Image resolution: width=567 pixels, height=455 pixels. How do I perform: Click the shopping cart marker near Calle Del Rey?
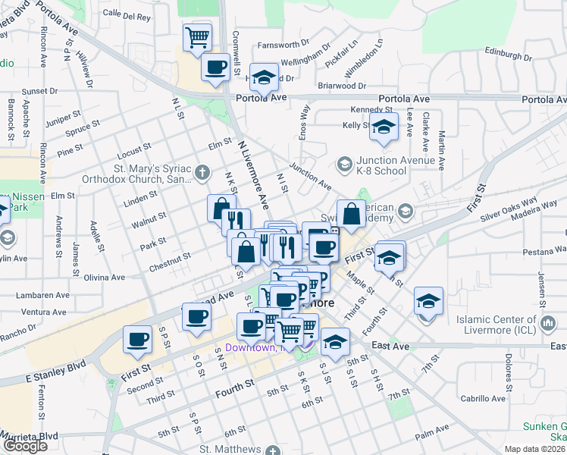coord(197,36)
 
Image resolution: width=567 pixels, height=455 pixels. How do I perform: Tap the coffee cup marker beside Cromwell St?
coord(215,66)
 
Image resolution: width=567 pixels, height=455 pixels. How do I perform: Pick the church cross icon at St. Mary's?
coord(202,172)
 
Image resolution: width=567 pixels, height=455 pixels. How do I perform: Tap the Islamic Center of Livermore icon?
coord(548,325)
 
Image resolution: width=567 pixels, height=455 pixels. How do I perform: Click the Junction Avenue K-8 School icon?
coord(344,164)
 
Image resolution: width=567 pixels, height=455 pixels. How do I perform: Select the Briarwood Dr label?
coord(342,86)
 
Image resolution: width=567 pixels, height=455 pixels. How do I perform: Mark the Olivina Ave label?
coord(104,278)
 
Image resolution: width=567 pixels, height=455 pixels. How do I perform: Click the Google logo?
coord(25,446)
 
